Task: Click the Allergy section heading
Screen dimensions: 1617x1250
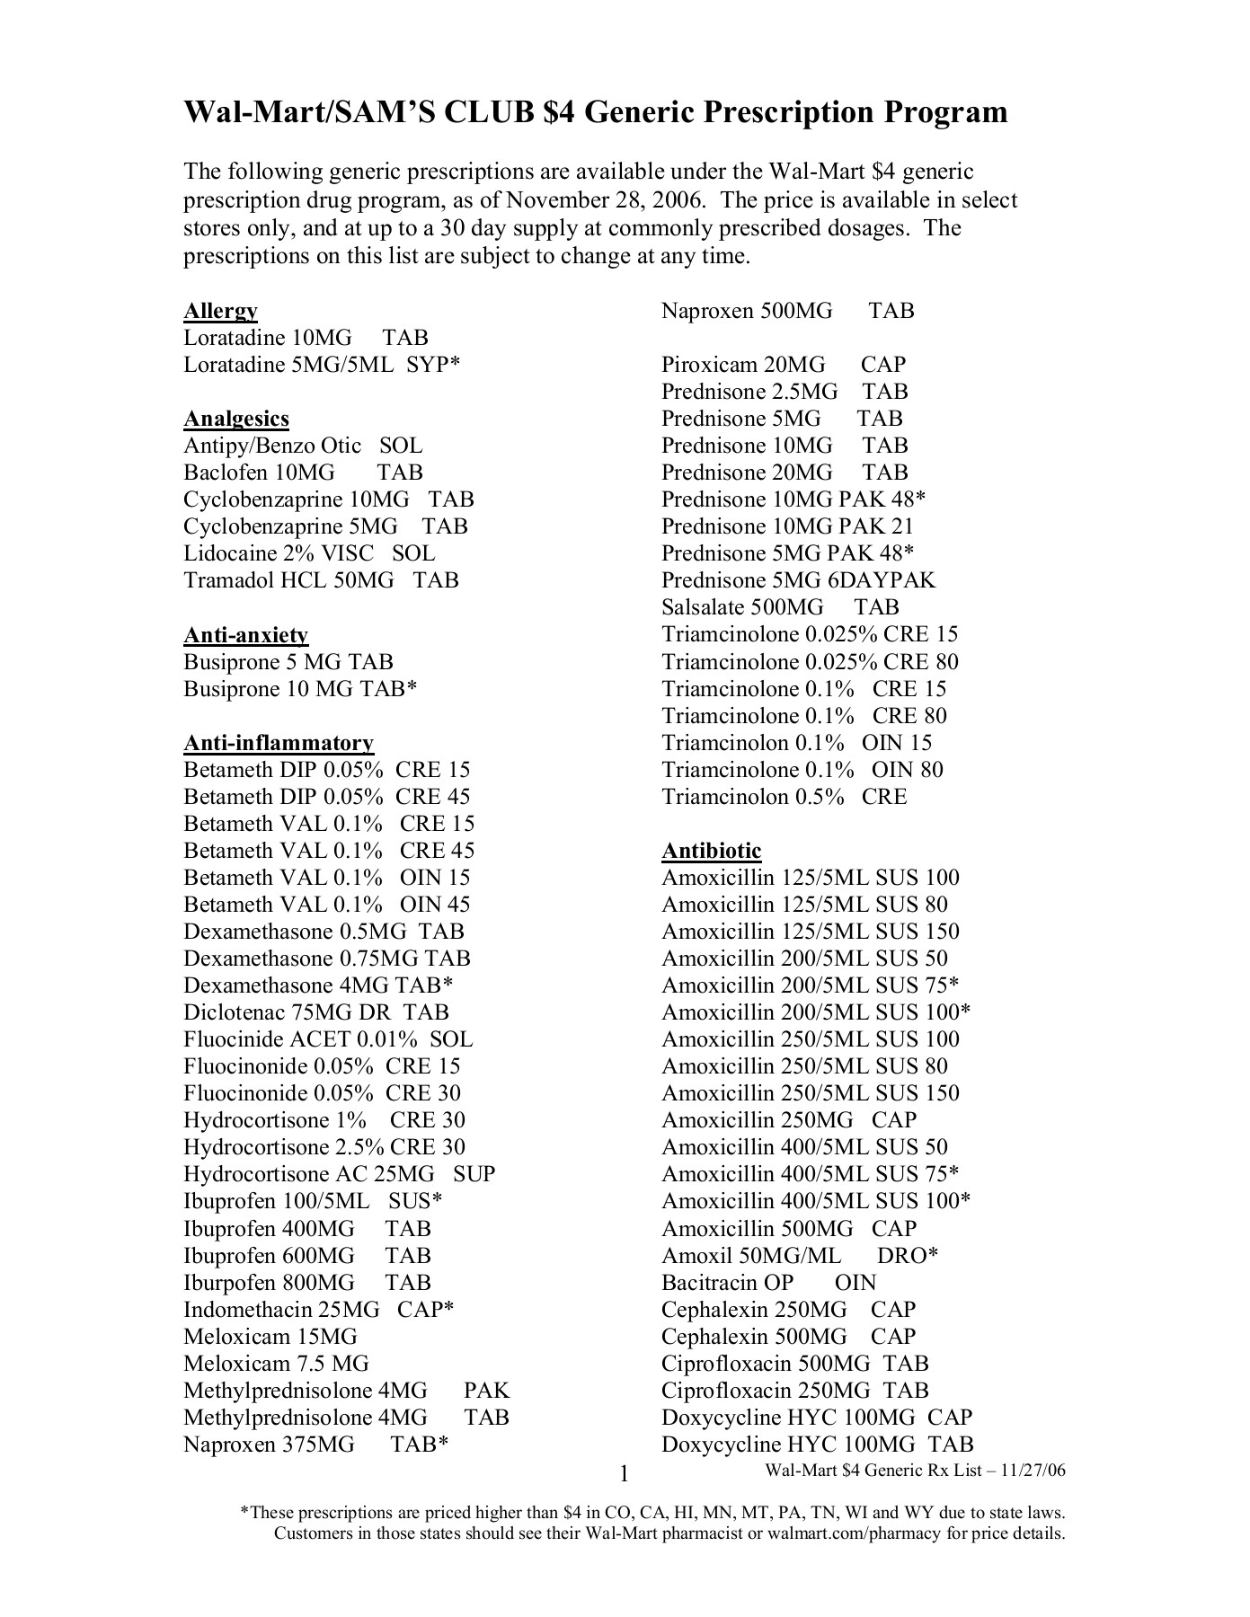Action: [x=220, y=311]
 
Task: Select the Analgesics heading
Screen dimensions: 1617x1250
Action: [x=236, y=419]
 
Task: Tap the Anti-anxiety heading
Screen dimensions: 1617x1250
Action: [x=245, y=635]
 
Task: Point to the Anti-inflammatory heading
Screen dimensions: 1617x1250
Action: [x=279, y=743]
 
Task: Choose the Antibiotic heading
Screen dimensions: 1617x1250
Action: [x=711, y=851]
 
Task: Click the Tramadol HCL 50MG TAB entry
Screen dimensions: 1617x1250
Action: [x=321, y=580]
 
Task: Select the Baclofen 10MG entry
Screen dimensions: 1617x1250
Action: [x=303, y=473]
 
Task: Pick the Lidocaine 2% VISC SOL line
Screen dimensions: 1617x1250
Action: [x=309, y=553]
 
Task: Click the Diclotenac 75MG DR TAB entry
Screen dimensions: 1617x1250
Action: [x=315, y=1012]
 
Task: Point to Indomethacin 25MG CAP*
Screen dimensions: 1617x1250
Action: [x=318, y=1309]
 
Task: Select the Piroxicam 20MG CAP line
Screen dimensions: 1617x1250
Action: [x=784, y=365]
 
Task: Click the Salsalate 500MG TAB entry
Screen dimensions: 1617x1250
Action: [x=780, y=607]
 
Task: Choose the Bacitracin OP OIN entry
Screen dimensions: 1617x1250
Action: [x=768, y=1282]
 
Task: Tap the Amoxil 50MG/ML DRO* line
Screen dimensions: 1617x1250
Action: [x=800, y=1255]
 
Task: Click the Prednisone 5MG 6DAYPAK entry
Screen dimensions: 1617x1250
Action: [x=798, y=580]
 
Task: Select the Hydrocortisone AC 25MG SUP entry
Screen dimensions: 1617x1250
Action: [x=339, y=1174]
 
